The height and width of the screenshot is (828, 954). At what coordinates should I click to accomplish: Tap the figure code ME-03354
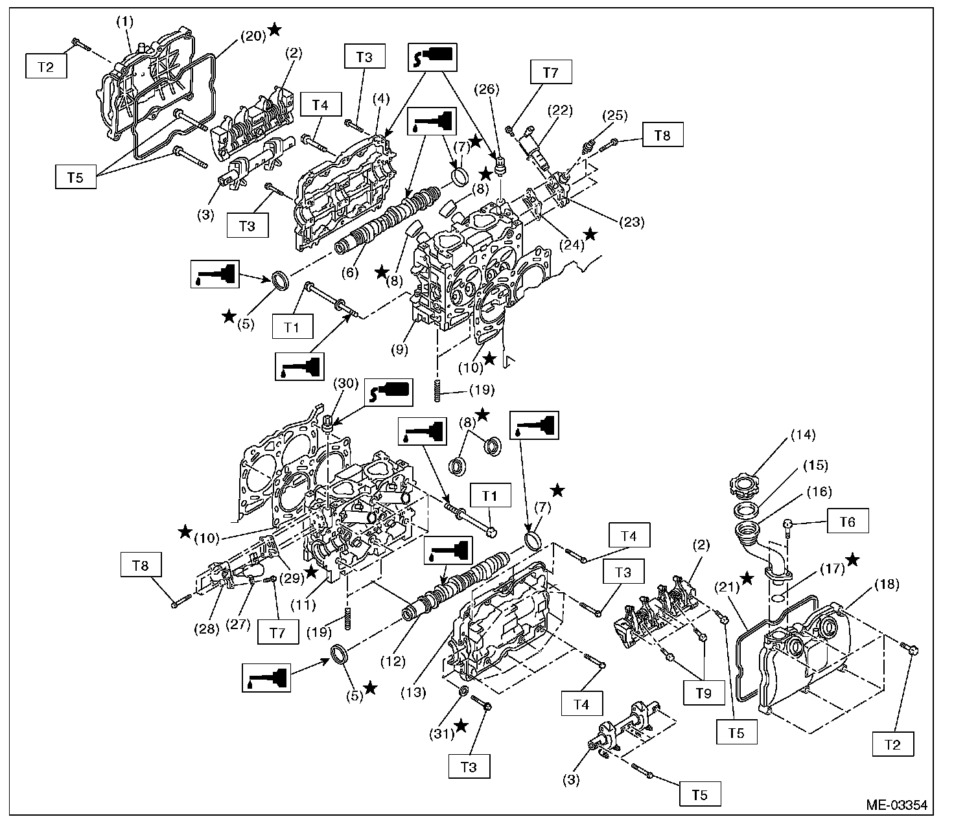pyautogui.click(x=896, y=805)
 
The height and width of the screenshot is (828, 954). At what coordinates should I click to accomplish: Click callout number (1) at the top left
pyautogui.click(x=124, y=21)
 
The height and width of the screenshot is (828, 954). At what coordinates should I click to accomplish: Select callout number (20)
pyautogui.click(x=253, y=36)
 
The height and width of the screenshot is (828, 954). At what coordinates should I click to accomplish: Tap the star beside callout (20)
pyautogui.click(x=275, y=29)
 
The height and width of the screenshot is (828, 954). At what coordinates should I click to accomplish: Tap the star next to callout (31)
pyautogui.click(x=461, y=726)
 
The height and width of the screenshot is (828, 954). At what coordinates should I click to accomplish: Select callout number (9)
pyautogui.click(x=399, y=350)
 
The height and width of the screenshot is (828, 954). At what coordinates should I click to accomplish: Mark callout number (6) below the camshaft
pyautogui.click(x=349, y=273)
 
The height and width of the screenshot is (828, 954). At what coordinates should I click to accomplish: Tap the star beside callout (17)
pyautogui.click(x=853, y=558)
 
